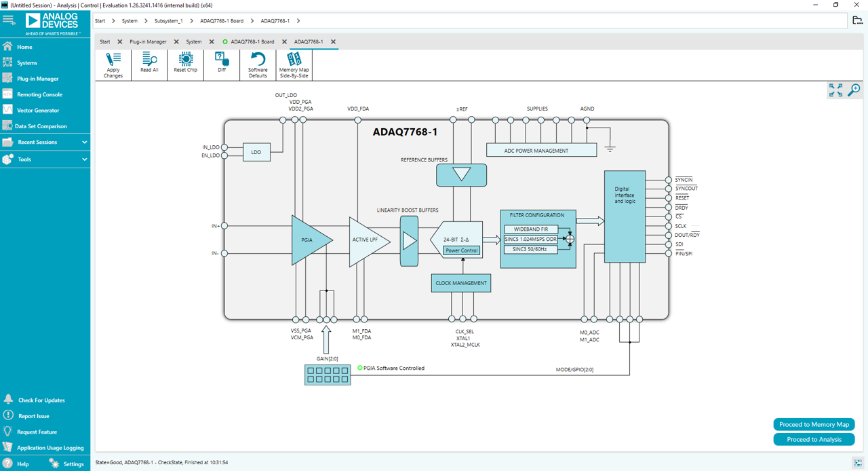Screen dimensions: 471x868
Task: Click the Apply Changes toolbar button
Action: tap(113, 64)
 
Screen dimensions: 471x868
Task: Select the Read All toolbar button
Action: tap(149, 64)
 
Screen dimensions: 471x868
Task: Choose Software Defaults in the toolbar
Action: tap(258, 64)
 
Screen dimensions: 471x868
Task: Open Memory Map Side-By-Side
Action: tap(294, 64)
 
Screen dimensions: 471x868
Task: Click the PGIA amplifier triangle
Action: tap(309, 240)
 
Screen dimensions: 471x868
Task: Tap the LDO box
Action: tap(256, 152)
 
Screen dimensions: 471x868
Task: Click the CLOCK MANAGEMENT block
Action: tap(461, 283)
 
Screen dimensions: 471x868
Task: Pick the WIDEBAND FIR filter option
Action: tap(531, 229)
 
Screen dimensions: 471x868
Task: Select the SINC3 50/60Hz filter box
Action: tap(531, 249)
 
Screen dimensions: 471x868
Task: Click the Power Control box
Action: tap(461, 250)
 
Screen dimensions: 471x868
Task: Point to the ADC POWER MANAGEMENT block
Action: tap(541, 151)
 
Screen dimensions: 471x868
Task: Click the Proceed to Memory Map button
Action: tap(814, 424)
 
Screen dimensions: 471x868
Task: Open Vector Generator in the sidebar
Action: tap(38, 110)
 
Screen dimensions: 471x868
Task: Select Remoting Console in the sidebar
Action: tap(39, 94)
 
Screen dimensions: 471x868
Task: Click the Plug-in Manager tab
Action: tap(148, 42)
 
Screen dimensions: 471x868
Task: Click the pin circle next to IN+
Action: tap(224, 226)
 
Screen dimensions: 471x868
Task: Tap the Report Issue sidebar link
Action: tap(33, 416)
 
